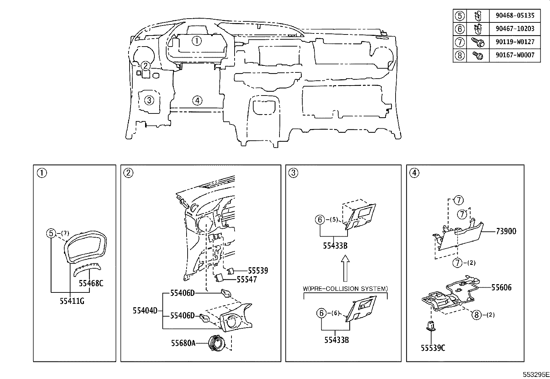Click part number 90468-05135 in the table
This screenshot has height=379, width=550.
[x=515, y=16]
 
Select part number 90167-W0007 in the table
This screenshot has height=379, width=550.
[x=515, y=55]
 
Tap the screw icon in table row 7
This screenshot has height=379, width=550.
[x=477, y=42]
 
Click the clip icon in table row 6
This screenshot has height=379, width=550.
[x=477, y=29]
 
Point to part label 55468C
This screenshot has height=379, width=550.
[x=91, y=283]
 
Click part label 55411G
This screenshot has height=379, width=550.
[x=72, y=301]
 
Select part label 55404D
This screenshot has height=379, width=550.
[x=145, y=311]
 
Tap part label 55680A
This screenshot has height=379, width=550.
[x=183, y=343]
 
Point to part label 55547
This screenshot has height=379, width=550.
[x=247, y=279]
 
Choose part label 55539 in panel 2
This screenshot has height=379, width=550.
[x=258, y=271]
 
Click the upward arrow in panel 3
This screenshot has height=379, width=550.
[x=345, y=268]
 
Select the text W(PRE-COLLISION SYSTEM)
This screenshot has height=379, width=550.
[x=345, y=289]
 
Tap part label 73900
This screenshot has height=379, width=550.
[x=506, y=231]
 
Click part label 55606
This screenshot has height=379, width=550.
[x=501, y=287]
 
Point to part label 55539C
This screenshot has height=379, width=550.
[x=433, y=348]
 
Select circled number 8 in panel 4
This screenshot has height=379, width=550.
[x=476, y=315]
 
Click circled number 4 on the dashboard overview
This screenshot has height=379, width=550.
[x=197, y=100]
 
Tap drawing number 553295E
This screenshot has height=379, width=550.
[x=536, y=374]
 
